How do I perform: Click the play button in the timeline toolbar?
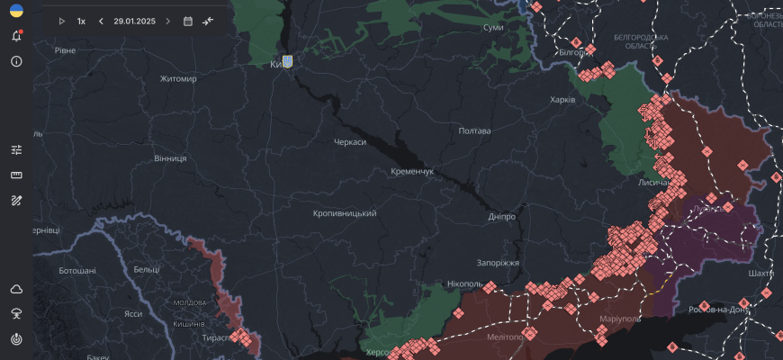[x=62, y=21]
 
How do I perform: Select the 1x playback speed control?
[x=81, y=21]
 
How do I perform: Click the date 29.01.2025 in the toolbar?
[x=134, y=21]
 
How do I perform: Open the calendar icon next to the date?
[x=187, y=21]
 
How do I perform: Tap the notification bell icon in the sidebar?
[x=16, y=37]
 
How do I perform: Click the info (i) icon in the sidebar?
[x=16, y=61]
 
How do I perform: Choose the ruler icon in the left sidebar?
[x=16, y=175]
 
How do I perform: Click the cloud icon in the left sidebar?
[x=16, y=289]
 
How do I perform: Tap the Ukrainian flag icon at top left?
[x=16, y=10]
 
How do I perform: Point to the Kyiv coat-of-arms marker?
[x=287, y=61]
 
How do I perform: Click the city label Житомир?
[x=178, y=78]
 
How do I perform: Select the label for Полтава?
[x=474, y=130]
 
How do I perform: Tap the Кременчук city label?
[x=412, y=171]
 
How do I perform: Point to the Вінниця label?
[x=170, y=158]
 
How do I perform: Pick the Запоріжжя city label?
[x=498, y=263]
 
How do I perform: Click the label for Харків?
[x=562, y=99]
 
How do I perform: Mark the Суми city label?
[x=493, y=28]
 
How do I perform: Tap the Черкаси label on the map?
[x=350, y=142]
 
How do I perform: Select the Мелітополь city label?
[x=510, y=337]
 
